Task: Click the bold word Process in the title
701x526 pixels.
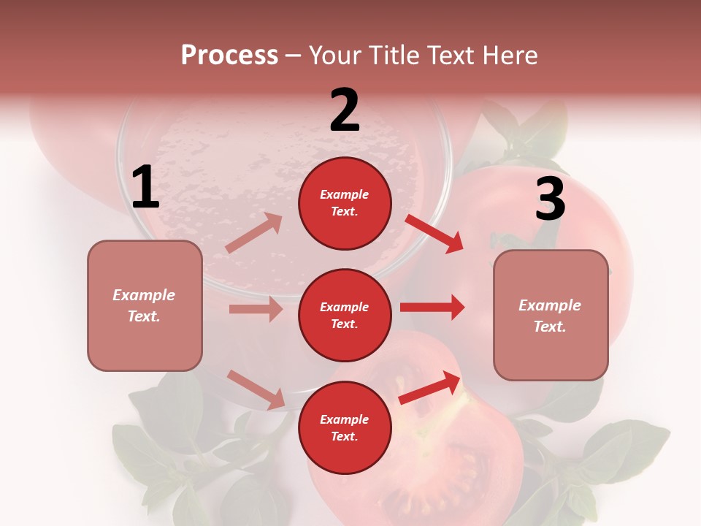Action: [229, 56]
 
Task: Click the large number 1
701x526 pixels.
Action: [145, 188]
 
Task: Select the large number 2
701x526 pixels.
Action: [345, 110]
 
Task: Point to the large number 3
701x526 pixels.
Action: [550, 199]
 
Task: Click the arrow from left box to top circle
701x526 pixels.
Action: [254, 233]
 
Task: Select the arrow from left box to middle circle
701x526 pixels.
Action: [256, 309]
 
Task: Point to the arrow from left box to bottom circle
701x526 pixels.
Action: [256, 389]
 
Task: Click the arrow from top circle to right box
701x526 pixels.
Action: [434, 233]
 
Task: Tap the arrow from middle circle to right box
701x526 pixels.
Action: [432, 307]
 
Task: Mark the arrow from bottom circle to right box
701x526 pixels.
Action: [429, 387]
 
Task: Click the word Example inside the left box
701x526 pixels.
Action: [144, 295]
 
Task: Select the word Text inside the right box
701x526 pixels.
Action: [549, 327]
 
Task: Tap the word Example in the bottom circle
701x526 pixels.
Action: [345, 419]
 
